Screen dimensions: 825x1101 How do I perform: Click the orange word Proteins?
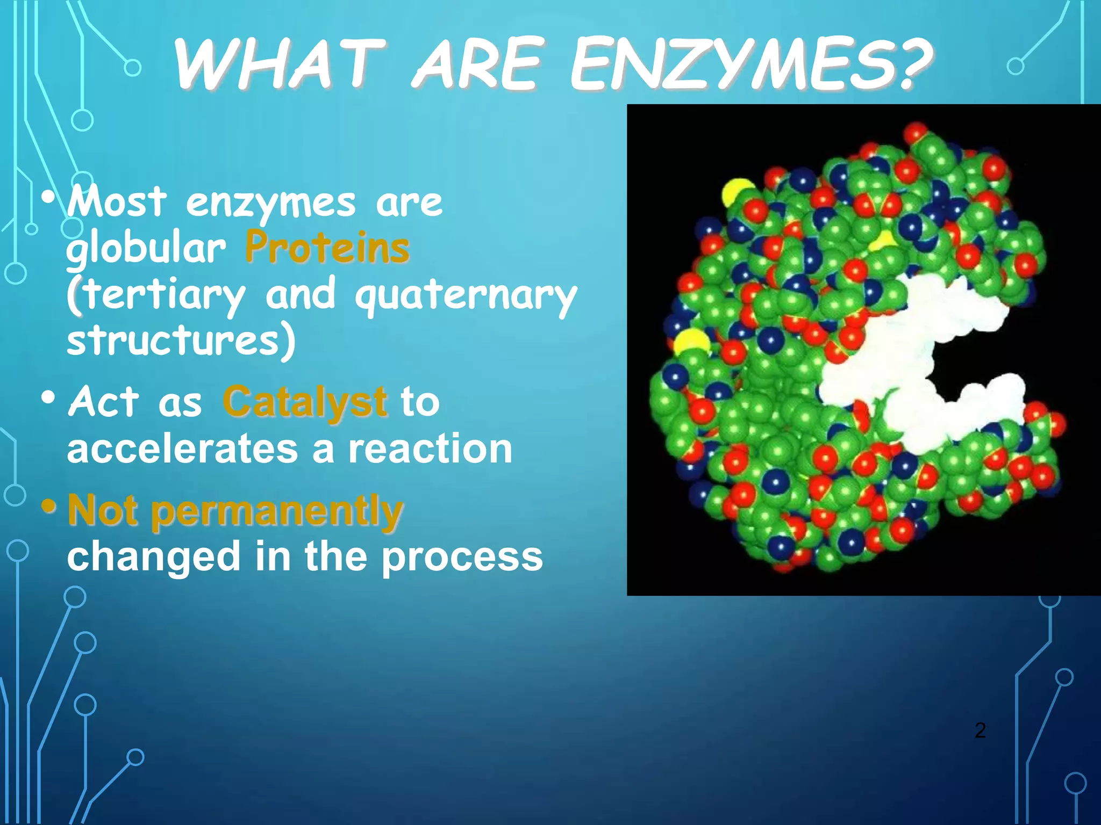pos(327,248)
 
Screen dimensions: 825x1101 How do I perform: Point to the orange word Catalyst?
pos(305,402)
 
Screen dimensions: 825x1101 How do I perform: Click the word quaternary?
pos(466,295)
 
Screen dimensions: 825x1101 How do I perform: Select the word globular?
pos(146,249)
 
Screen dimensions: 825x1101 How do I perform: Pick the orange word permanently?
pos(277,511)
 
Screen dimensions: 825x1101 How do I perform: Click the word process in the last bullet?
pos(462,558)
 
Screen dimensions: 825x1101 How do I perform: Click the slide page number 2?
pos(980,730)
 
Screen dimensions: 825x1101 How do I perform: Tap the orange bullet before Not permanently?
pos(49,506)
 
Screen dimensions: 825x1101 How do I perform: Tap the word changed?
pos(154,558)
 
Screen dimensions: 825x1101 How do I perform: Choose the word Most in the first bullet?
pos(117,202)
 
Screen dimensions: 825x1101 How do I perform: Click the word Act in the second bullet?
pos(104,402)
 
